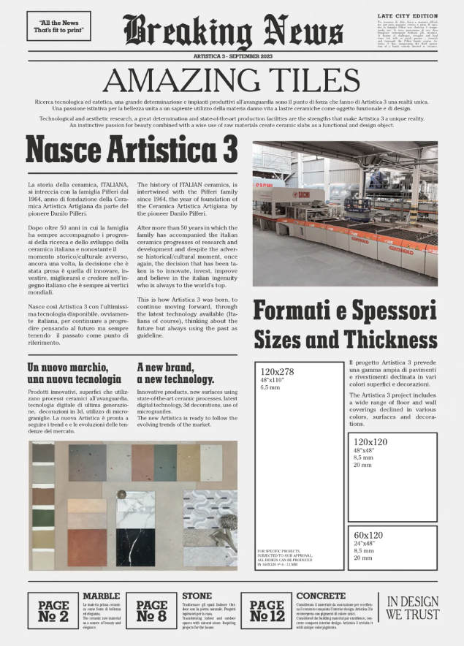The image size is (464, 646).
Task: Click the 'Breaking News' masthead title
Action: point(233,31)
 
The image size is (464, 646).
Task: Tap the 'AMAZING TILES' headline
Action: point(232,80)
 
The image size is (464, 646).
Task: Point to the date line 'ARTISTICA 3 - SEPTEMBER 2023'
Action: point(232,56)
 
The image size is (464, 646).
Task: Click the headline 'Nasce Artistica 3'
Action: point(132,149)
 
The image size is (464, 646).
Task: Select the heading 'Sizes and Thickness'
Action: point(345,339)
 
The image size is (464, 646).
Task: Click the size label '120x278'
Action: point(278,371)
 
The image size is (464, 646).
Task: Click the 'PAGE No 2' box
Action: point(53,611)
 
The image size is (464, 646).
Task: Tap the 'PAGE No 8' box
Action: point(152,611)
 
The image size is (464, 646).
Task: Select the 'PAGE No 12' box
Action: point(267,611)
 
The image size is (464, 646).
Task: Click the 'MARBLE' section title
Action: point(101,596)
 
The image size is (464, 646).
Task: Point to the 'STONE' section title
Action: point(197,596)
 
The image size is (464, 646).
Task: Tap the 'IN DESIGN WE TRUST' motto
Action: point(413,608)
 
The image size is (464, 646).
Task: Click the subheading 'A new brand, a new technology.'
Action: point(175,373)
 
